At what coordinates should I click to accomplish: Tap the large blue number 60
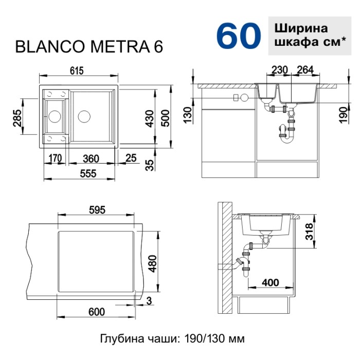coord(238,35)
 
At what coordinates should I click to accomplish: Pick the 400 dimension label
coord(270,282)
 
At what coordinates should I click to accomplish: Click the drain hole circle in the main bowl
coord(84,115)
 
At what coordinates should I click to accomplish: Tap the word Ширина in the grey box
coord(301,28)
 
